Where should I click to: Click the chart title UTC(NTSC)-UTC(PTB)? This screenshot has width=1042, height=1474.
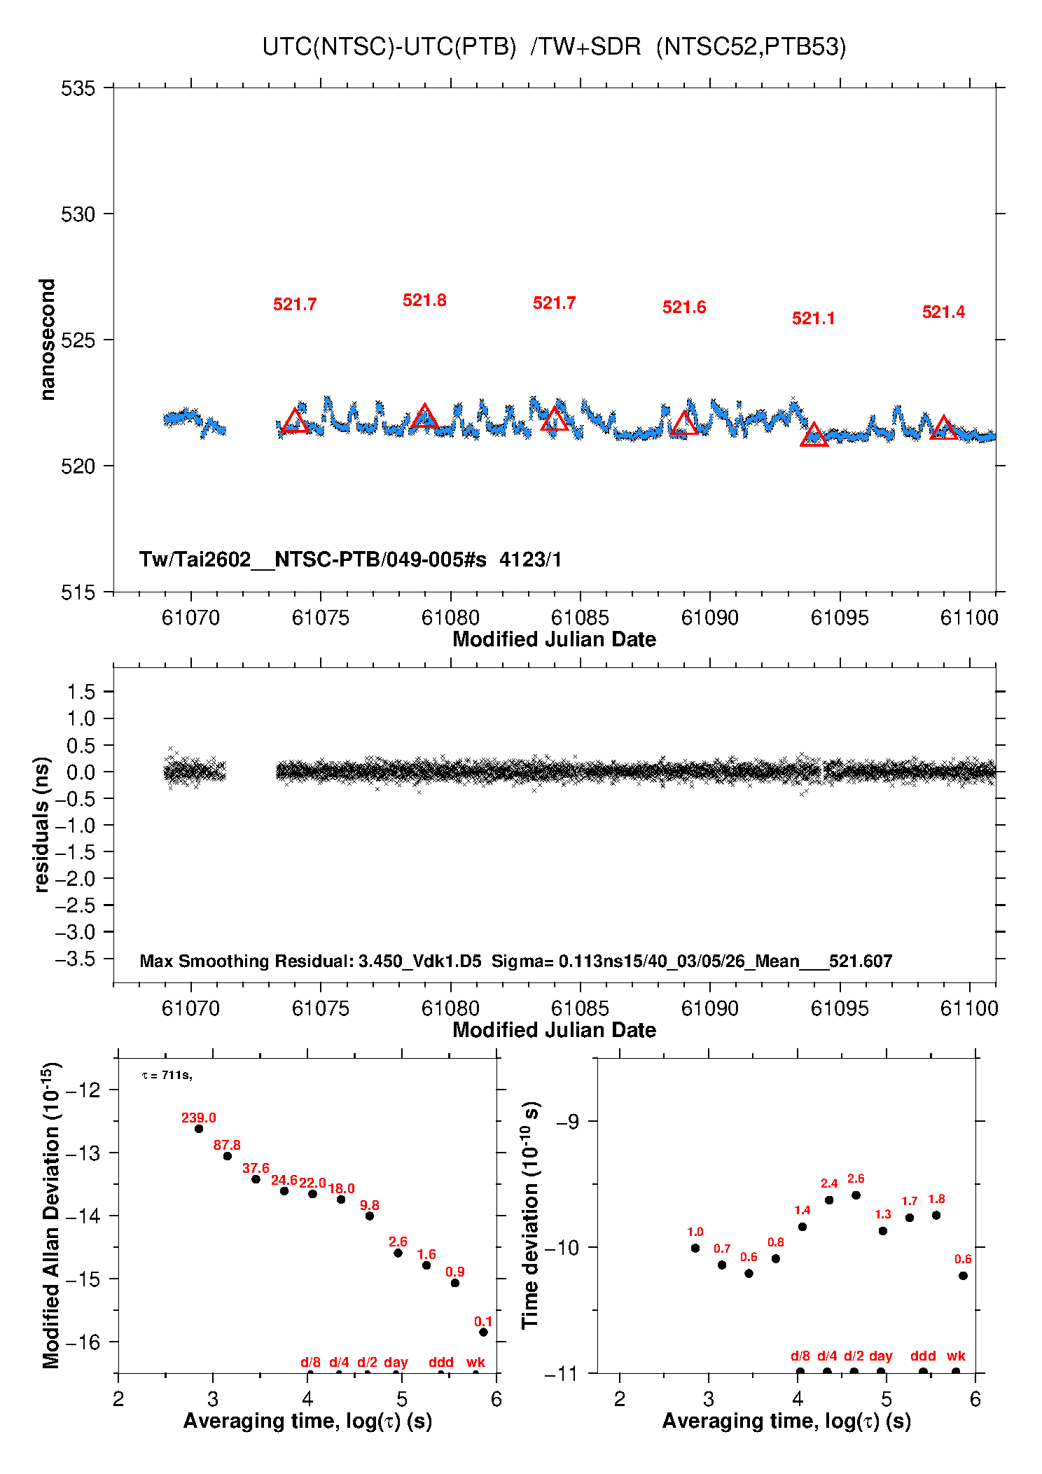(x=389, y=47)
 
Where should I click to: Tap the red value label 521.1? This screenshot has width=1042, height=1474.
(x=813, y=319)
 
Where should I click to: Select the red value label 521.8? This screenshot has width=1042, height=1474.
(x=424, y=300)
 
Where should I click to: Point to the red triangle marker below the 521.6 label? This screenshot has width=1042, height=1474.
(x=684, y=424)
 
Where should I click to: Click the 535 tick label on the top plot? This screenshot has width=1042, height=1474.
(x=78, y=89)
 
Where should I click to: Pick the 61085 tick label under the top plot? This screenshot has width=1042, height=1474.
(x=580, y=618)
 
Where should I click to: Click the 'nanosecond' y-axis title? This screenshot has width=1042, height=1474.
(x=47, y=340)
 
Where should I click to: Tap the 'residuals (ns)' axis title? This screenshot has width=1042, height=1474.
(x=42, y=824)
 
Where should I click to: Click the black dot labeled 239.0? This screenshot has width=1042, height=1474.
(x=199, y=1129)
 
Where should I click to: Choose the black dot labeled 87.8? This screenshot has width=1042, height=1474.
(x=228, y=1156)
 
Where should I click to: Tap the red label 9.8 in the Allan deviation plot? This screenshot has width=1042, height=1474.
(x=370, y=1205)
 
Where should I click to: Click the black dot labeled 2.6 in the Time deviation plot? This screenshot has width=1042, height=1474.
(x=856, y=1195)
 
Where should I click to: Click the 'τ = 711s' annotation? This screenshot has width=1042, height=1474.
(x=167, y=1075)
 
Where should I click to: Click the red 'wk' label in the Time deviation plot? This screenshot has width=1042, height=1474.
(x=956, y=1356)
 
